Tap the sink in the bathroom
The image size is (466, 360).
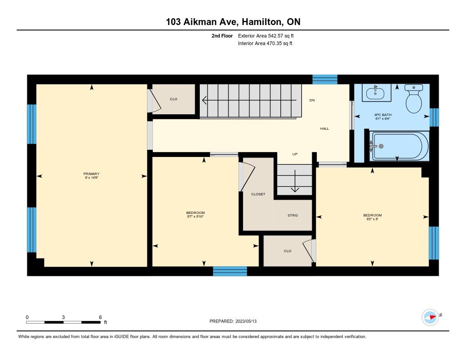pos(375,93)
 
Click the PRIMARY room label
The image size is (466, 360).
pos(91,174)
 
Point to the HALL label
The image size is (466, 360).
pos(324,129)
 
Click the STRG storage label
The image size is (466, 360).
pos(293,215)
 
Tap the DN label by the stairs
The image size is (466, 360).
pos(312,100)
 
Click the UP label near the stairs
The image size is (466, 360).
pos(295,154)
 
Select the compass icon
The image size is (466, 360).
pos(431,317)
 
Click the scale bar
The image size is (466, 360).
pos(63,322)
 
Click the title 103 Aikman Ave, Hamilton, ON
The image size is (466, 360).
pos(233,22)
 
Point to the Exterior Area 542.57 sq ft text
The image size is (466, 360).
pos(266,35)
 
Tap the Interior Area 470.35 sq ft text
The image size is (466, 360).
pos(265,43)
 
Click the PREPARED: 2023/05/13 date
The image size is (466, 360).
pos(233,321)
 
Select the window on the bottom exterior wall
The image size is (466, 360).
pos(230,271)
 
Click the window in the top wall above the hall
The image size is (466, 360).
pos(325,79)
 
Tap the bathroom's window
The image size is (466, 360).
pos(434,117)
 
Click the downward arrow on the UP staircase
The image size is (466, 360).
pos(295,181)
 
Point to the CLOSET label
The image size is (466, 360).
pos(258,194)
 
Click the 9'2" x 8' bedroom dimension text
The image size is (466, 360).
pos(372,219)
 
